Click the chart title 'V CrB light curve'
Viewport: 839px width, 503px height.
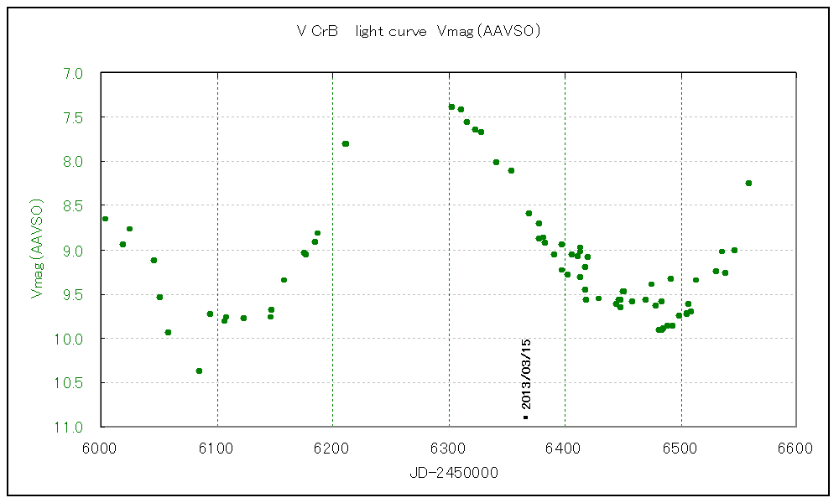point(417,32)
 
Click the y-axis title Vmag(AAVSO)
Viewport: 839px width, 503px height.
point(36,249)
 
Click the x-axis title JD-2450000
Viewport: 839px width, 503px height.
point(454,473)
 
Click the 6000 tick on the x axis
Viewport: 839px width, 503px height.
point(100,448)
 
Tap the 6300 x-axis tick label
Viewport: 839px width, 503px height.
point(449,448)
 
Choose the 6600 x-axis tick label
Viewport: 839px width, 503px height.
point(796,448)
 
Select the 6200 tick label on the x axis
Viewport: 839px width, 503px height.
point(332,448)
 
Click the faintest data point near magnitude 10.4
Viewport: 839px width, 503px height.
point(199,371)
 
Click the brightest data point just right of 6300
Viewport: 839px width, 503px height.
point(451,106)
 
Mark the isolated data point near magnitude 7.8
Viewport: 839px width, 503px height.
point(345,143)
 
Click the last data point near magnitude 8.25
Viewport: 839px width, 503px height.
point(748,183)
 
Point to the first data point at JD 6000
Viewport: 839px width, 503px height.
point(105,219)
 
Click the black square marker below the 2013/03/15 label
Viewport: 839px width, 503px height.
point(525,417)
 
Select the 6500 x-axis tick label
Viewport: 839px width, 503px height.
point(680,448)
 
